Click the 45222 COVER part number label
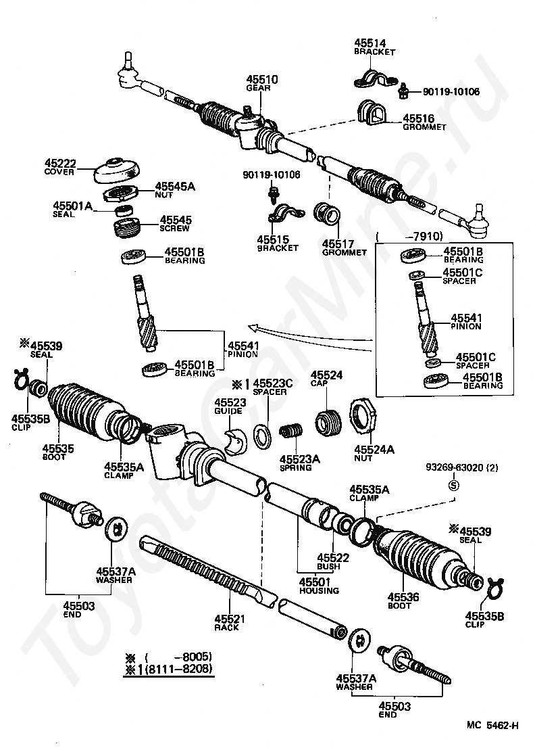point(60,167)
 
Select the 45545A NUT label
point(174,189)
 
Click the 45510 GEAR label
point(261,83)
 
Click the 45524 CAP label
point(326,379)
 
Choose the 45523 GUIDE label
point(231,406)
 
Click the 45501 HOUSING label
point(320,586)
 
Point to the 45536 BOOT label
point(403,601)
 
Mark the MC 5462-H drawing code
point(492,726)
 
